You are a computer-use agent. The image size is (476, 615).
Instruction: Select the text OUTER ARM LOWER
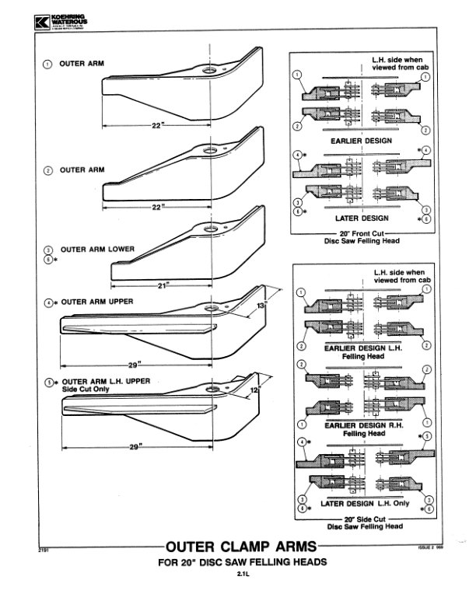tap(98, 250)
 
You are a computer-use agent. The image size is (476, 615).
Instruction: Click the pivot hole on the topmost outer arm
tap(211, 70)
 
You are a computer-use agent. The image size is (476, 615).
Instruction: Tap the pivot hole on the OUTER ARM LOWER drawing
tap(211, 228)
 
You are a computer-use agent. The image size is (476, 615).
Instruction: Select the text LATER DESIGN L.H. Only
tap(364, 503)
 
